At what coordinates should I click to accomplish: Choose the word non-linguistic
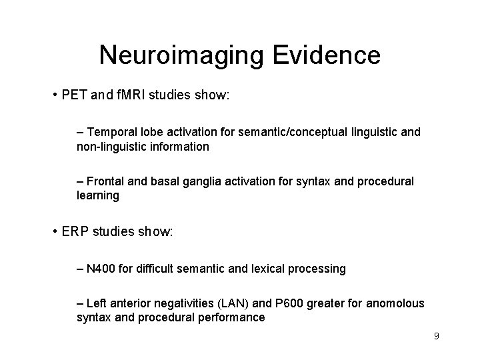tap(109, 146)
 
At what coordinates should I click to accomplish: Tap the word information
tap(176, 146)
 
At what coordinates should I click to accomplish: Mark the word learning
tap(98, 196)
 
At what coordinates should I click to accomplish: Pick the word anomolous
tap(390, 304)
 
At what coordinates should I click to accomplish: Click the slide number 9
tap(436, 336)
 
